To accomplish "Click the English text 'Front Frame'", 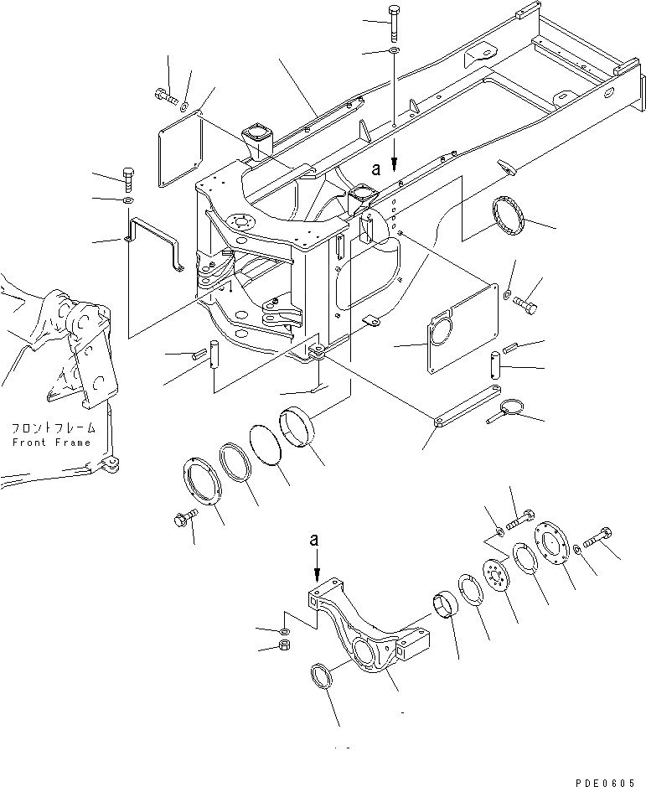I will click(50, 442).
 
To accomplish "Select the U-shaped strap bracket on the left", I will click(154, 242).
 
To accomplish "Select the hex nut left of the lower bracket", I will click(283, 646).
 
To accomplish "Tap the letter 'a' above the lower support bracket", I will click(315, 541).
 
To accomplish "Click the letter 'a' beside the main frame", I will click(376, 168).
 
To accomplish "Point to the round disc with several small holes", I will click(501, 578).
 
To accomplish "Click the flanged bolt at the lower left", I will click(183, 520).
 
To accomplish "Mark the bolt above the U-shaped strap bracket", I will click(127, 177).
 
